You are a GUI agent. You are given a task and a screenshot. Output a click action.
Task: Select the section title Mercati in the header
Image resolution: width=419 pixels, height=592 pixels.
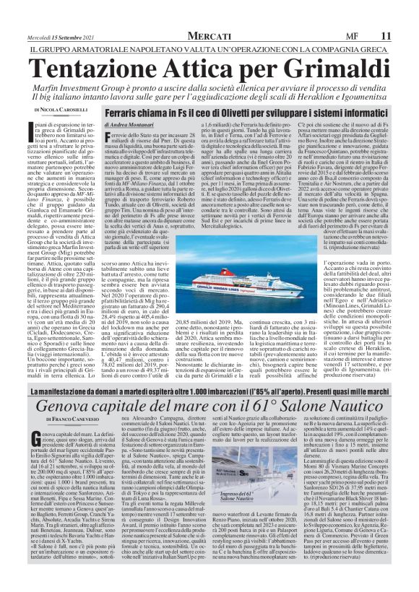tap(209, 35)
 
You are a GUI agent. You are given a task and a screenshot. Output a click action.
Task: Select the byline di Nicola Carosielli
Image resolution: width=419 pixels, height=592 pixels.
tap(63, 109)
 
